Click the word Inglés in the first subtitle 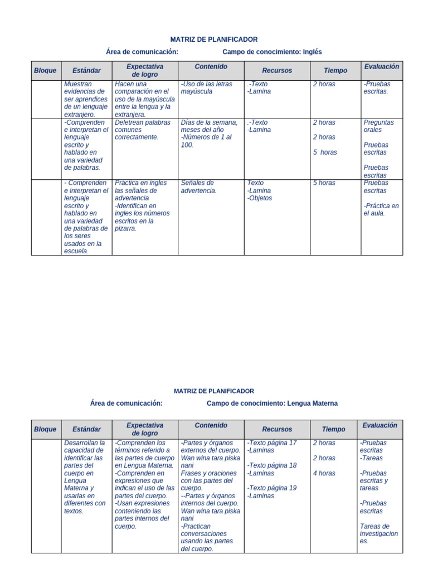point(312,52)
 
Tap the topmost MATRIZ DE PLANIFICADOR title point(213,40)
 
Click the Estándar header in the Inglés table point(86,71)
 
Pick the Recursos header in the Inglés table point(277,71)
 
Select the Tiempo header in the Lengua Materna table point(333,429)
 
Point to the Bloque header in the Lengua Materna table point(45,429)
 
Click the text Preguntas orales point(378,126)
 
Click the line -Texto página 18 point(272,465)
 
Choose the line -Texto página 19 point(272,488)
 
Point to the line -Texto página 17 point(272,443)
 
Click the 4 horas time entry point(324,473)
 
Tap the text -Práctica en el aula point(381,209)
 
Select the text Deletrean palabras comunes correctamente point(143,130)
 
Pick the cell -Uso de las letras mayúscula point(206,87)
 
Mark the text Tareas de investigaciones point(379,533)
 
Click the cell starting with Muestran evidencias point(86,99)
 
